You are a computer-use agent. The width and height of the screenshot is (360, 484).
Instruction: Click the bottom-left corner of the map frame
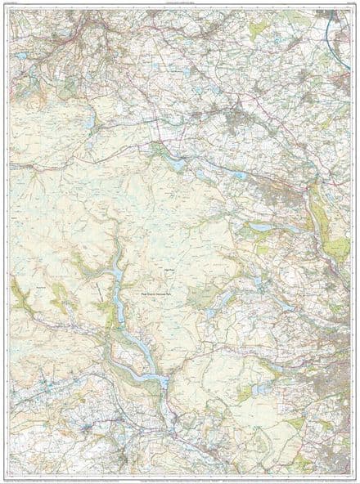[10, 473]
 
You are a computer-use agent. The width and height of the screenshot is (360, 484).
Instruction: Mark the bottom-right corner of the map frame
[350, 473]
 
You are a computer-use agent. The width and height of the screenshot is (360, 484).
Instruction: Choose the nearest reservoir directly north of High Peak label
[177, 164]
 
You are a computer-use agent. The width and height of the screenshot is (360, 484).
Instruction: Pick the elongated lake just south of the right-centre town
[260, 226]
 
